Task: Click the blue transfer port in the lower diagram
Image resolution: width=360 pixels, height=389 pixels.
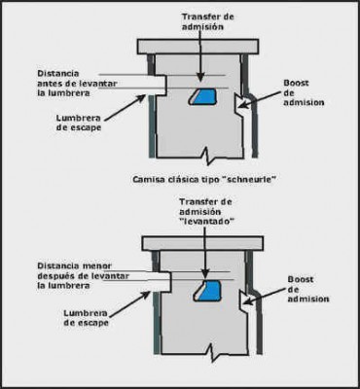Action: (207, 290)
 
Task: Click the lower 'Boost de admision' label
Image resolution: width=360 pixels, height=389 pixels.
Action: (303, 287)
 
